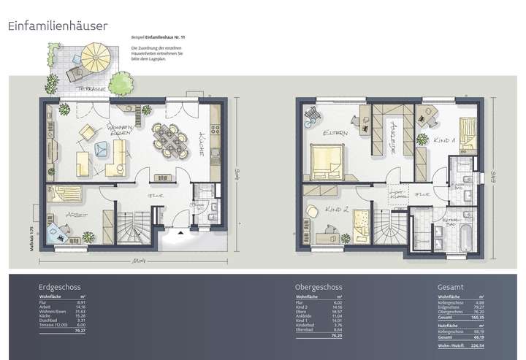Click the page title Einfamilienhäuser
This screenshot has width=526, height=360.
[58, 26]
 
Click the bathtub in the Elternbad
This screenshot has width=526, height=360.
[465, 237]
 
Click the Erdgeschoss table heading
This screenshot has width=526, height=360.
[61, 287]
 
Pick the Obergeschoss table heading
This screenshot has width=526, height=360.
[318, 287]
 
